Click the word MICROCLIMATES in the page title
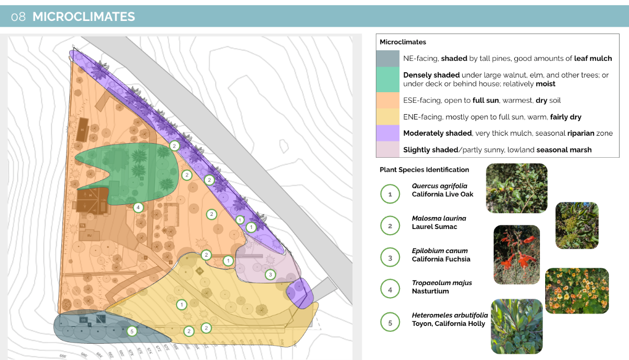tap(84, 17)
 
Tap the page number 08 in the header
tap(18, 17)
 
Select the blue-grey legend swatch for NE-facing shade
tap(388, 59)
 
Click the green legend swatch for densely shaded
tap(388, 79)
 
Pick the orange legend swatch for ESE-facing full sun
tap(388, 100)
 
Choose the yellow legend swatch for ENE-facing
tap(388, 117)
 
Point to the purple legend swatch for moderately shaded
tap(388, 133)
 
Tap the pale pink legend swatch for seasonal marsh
tap(388, 150)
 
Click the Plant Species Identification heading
tap(424, 170)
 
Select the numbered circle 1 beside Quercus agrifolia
tap(390, 194)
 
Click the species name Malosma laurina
tap(439, 219)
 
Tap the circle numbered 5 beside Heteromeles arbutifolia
tap(390, 323)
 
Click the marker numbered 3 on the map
tap(270, 274)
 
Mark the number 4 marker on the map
tap(138, 208)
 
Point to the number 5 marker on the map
tap(132, 331)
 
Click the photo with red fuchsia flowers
tap(516, 254)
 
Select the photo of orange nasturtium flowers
tap(577, 291)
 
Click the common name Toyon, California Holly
tap(448, 324)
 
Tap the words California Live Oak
tap(442, 194)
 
